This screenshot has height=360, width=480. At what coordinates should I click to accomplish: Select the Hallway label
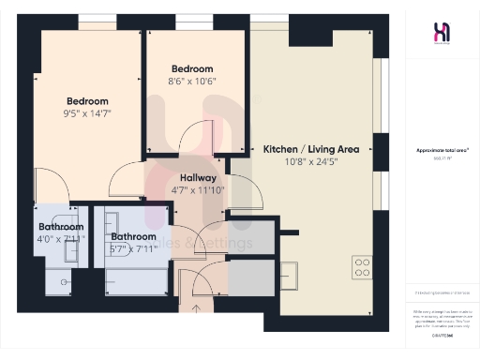click(198, 176)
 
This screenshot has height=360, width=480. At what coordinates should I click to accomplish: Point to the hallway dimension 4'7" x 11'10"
click(198, 189)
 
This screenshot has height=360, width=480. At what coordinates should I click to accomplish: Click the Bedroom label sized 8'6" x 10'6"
click(192, 68)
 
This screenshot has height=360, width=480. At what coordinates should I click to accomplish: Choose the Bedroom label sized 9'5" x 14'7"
click(87, 101)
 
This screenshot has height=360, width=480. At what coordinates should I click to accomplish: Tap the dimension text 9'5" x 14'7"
click(87, 114)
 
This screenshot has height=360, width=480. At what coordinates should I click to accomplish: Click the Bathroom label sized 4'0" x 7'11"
click(61, 227)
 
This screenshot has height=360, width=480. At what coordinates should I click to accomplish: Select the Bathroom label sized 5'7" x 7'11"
click(133, 237)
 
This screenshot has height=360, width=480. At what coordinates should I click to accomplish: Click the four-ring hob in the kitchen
click(363, 266)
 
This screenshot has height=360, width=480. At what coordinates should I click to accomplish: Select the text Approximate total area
click(440, 150)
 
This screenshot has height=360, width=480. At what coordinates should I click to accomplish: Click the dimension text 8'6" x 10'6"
click(192, 82)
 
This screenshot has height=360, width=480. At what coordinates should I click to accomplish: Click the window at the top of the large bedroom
click(91, 22)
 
